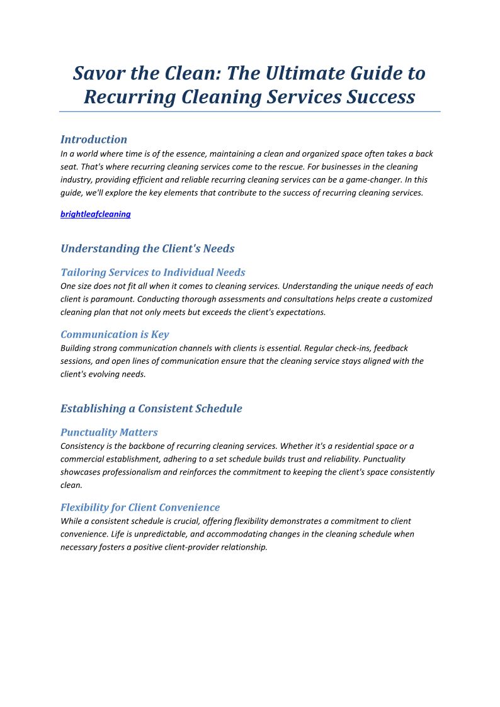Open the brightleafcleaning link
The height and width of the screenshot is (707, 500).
click(96, 214)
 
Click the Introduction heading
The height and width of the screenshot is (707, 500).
click(94, 139)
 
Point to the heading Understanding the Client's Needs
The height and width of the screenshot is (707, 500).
click(147, 249)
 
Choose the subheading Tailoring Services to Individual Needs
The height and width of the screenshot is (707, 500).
click(153, 273)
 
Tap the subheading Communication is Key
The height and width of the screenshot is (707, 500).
click(115, 334)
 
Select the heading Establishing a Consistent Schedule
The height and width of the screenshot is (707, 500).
click(151, 409)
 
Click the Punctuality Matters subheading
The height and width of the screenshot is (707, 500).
click(109, 433)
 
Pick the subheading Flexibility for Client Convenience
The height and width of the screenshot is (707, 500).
click(140, 507)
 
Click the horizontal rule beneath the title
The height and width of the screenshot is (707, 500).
click(250, 111)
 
